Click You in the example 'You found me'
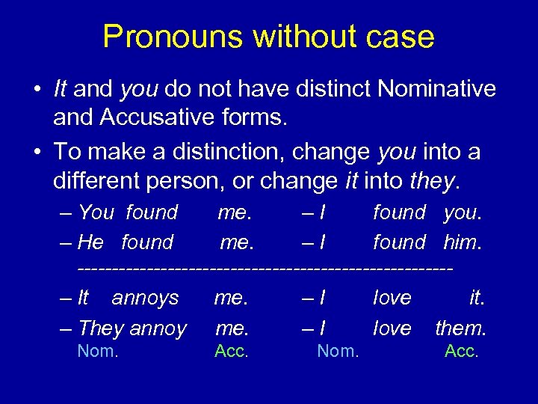(x=96, y=213)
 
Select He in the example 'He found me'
(x=90, y=242)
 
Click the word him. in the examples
(x=463, y=242)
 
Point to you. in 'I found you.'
(x=463, y=213)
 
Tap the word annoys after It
(x=145, y=298)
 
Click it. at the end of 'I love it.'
(x=476, y=298)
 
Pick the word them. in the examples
(x=460, y=328)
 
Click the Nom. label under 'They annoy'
(x=98, y=351)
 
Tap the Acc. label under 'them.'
(x=461, y=351)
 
